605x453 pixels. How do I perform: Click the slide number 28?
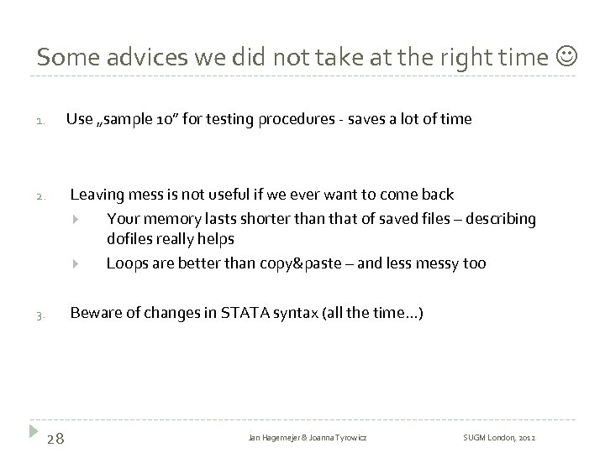tap(60, 437)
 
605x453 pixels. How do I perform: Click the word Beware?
tap(95, 314)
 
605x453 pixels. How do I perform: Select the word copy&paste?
tap(303, 263)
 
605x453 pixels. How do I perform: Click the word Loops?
tap(126, 263)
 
